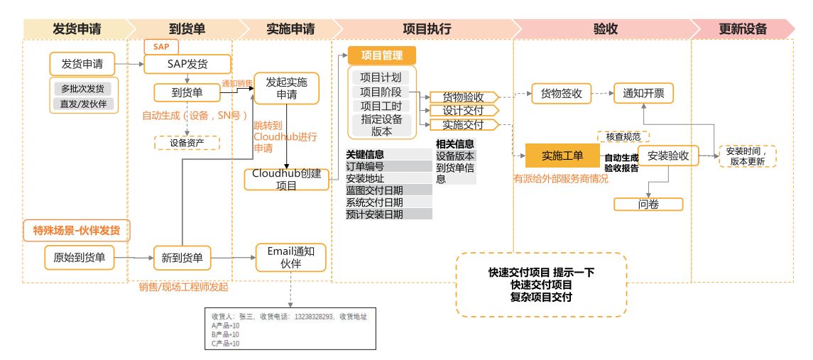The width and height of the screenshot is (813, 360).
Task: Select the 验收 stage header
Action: (604, 29)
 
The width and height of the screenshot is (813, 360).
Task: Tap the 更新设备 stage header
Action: (743, 29)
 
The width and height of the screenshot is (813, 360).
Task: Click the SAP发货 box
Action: (187, 64)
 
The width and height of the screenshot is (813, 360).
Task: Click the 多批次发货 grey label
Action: (82, 89)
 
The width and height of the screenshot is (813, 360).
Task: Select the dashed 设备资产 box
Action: (187, 143)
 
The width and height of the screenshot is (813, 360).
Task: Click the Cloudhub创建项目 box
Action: (287, 179)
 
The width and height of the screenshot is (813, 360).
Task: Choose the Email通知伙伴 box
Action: (291, 257)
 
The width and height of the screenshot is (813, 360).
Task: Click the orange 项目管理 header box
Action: (381, 55)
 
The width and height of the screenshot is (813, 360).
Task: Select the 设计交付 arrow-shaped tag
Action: (463, 111)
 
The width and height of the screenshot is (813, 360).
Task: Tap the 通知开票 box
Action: (643, 94)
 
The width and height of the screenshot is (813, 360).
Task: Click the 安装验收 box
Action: (668, 156)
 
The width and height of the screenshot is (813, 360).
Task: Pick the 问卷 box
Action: (648, 204)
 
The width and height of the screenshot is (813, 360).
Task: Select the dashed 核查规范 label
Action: (623, 136)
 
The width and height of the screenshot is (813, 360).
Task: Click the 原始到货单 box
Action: (79, 257)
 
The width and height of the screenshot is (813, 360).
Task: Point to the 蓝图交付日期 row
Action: (388, 190)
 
